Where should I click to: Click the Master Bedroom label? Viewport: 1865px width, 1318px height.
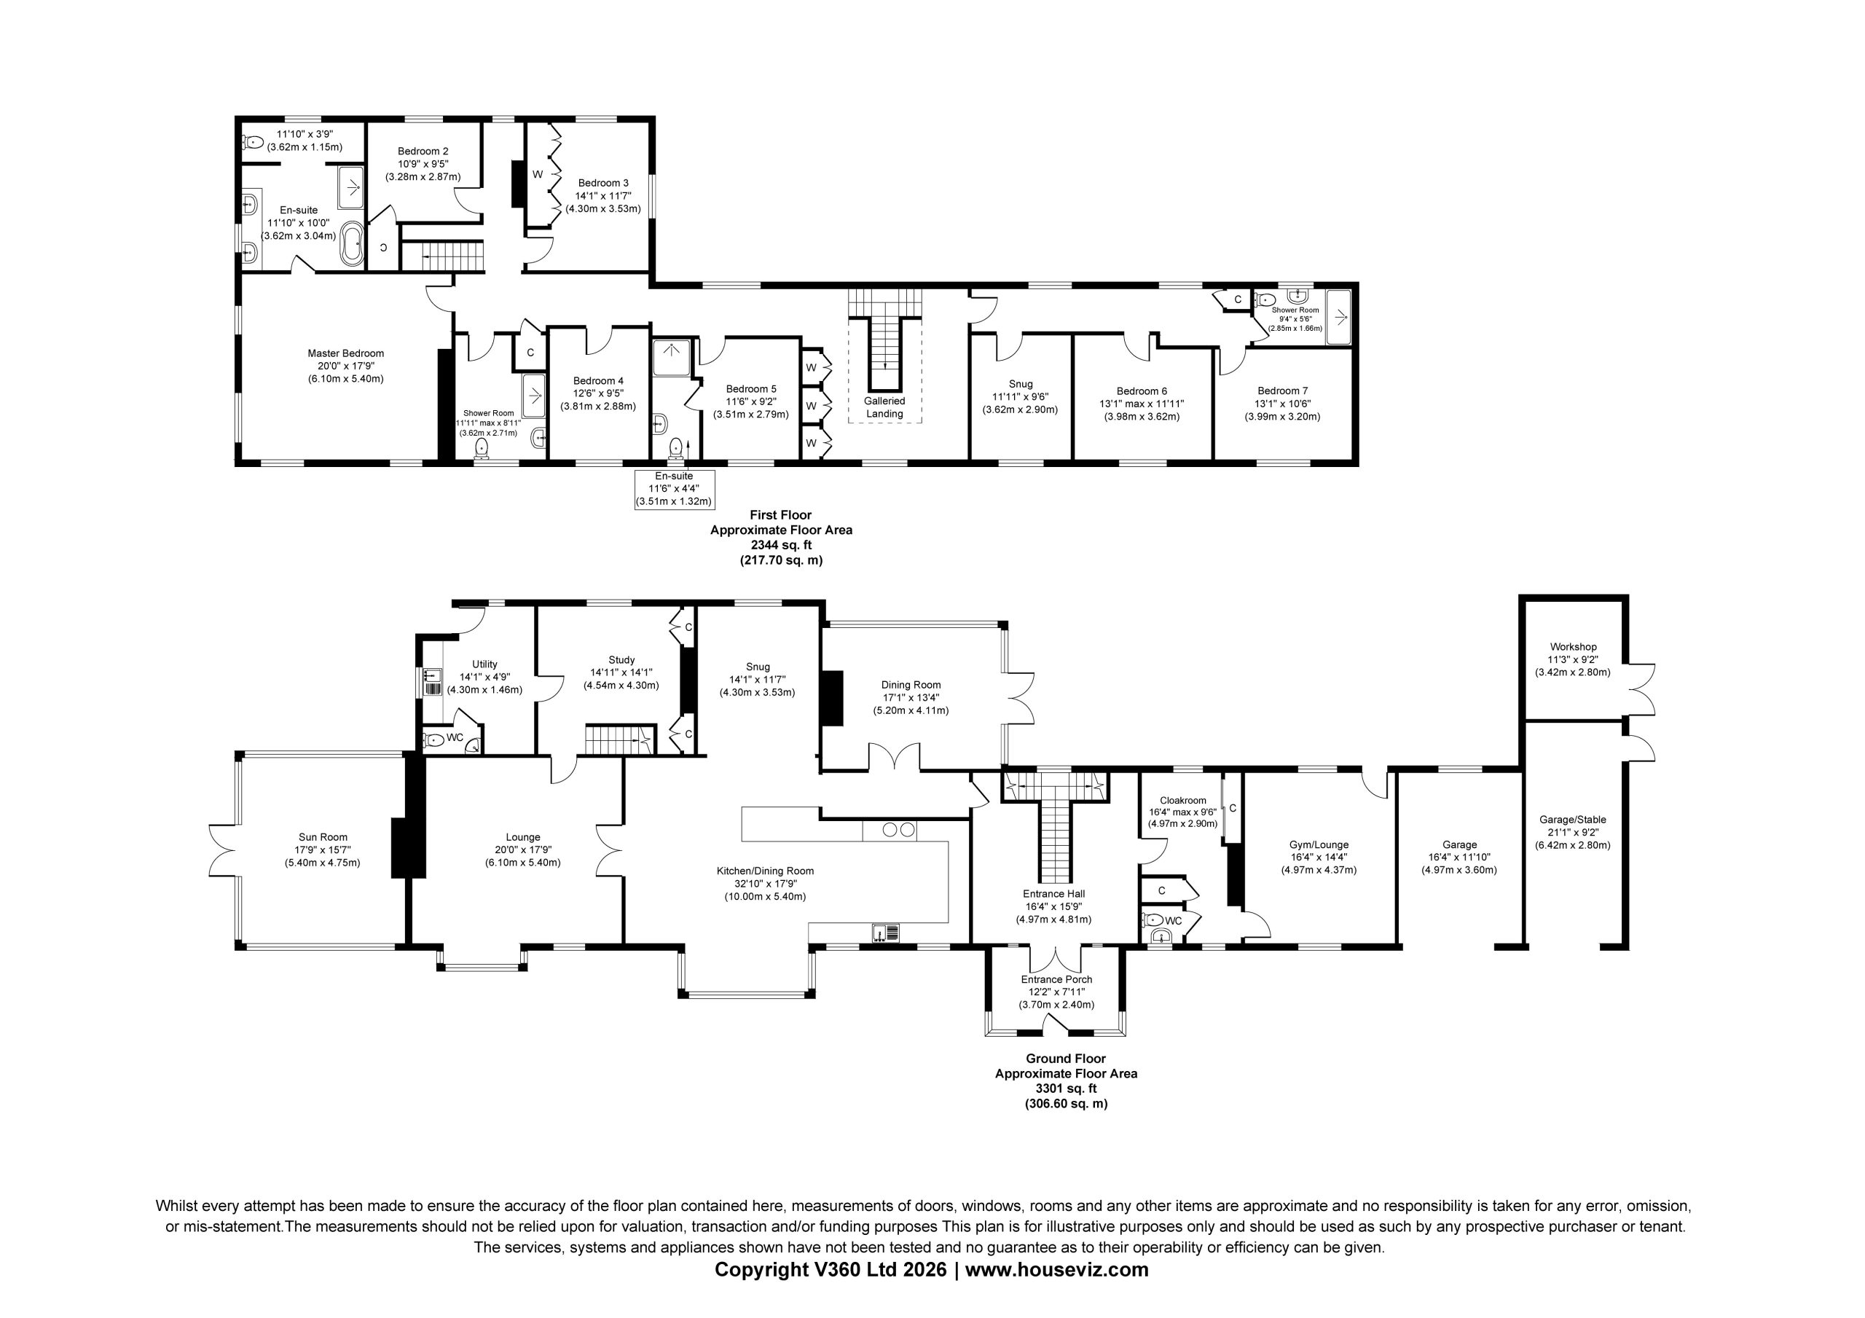coord(345,353)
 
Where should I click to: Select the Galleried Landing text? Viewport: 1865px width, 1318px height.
coord(884,407)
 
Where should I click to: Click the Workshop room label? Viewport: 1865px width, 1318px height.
coord(1573,647)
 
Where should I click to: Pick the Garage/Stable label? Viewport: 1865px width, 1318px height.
coord(1573,820)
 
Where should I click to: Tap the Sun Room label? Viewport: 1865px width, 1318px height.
coord(323,837)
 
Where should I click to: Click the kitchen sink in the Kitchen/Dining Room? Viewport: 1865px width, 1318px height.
coord(885,933)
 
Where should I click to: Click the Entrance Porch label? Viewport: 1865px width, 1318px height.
coord(1057,979)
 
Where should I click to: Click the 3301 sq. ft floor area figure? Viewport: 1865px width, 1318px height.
coord(1066,1088)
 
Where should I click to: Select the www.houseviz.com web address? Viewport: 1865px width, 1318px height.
coord(1057,1270)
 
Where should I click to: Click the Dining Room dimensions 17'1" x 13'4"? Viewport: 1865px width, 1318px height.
coord(911,697)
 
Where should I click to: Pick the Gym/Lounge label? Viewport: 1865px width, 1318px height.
coord(1319,844)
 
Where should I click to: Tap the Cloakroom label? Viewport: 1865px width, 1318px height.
coord(1182,801)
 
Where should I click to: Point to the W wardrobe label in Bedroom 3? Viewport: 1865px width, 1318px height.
coord(538,175)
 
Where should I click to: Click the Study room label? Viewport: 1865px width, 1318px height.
coord(621,660)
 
